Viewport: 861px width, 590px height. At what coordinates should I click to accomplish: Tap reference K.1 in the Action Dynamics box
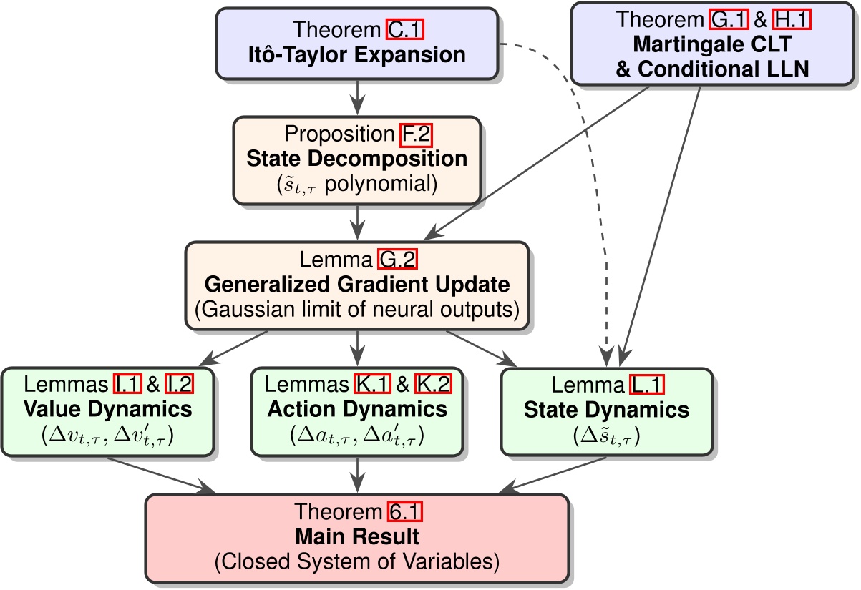tap(371, 386)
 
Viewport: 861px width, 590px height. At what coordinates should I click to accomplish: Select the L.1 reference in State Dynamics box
tap(643, 386)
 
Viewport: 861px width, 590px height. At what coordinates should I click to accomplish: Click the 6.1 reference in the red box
tap(405, 512)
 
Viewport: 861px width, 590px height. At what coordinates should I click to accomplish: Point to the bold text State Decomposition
tap(356, 159)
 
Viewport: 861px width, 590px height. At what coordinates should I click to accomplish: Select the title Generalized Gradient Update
tap(357, 285)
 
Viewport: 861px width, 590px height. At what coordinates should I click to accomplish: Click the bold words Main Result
tap(357, 536)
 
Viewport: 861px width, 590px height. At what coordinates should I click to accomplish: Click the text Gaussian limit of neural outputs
tap(357, 310)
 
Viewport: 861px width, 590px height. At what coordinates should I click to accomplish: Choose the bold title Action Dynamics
tap(357, 410)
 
